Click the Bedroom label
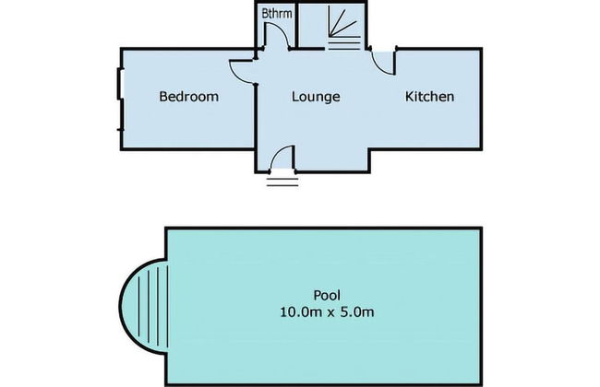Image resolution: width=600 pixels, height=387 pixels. (189, 96)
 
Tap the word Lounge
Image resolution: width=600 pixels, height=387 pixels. (316, 97)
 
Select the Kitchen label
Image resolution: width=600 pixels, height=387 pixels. (430, 96)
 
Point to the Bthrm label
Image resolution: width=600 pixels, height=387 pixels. (277, 14)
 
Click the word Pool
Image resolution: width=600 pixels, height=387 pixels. (327, 295)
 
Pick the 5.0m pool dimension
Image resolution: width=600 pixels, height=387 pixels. (357, 312)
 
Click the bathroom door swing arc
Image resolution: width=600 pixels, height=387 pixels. (282, 30)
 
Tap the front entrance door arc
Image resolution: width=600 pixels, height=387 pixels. (279, 152)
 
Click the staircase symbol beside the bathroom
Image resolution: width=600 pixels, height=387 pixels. (343, 27)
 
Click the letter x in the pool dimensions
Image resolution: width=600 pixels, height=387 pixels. (331, 313)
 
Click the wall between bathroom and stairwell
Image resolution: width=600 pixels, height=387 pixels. (297, 25)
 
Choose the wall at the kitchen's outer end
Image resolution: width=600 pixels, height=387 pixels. (481, 100)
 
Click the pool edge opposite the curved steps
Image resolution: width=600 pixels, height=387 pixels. (481, 307)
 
